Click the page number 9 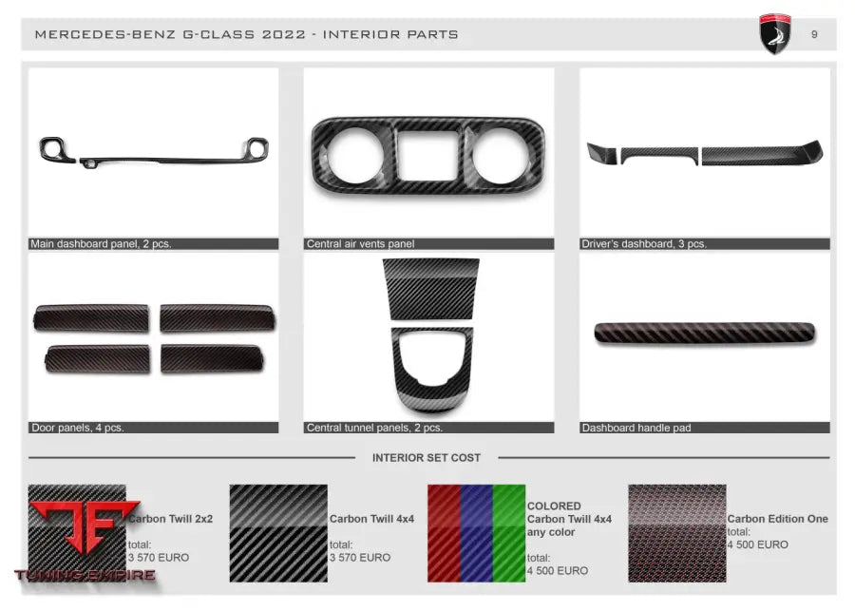pyautogui.click(x=814, y=35)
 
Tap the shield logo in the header pyautogui.click(x=775, y=34)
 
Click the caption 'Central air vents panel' pyautogui.click(x=360, y=244)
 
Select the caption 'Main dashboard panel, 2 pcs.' pyautogui.click(x=101, y=244)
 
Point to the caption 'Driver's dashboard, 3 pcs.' pyautogui.click(x=644, y=244)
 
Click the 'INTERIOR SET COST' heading pyautogui.click(x=427, y=458)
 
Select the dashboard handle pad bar pyautogui.click(x=704, y=333)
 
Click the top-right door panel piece pyautogui.click(x=218, y=318)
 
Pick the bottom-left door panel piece pyautogui.click(x=96, y=358)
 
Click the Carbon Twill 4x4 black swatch pyautogui.click(x=278, y=533)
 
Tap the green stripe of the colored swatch pyautogui.click(x=508, y=533)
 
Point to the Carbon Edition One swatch pyautogui.click(x=676, y=533)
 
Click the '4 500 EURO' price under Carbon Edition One pyautogui.click(x=758, y=545)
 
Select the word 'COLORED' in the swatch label pyautogui.click(x=554, y=506)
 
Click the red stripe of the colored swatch pyautogui.click(x=444, y=533)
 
